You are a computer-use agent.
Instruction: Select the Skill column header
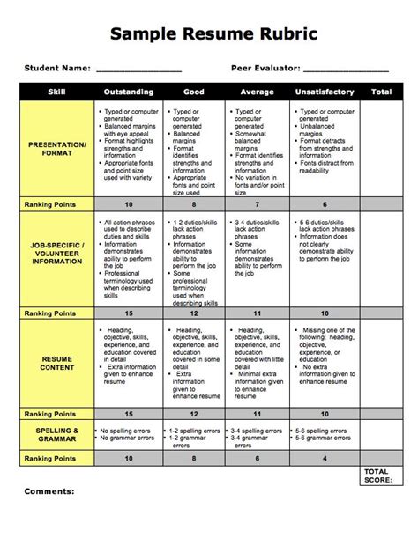click(56, 92)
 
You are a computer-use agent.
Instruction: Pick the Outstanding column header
click(129, 92)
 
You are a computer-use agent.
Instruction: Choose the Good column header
click(194, 92)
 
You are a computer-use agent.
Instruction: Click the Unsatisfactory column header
click(325, 92)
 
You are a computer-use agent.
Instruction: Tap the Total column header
click(382, 92)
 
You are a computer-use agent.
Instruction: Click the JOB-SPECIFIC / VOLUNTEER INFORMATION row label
click(56, 254)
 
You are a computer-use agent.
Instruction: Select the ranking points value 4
click(325, 458)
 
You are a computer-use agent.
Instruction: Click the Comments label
click(49, 491)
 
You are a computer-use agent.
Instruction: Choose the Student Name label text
click(57, 67)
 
